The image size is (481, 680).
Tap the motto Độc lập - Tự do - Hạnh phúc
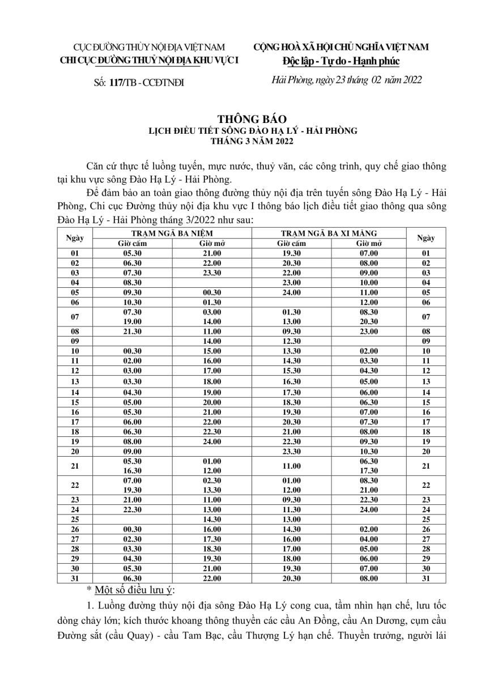[x=340, y=61]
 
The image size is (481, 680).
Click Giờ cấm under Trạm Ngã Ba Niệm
[x=132, y=243]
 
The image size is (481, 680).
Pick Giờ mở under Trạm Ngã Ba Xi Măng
[x=369, y=243]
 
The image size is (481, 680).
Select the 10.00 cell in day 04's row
[x=369, y=282]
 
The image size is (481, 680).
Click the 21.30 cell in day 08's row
[x=132, y=331]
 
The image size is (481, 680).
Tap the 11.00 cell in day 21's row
[x=290, y=466]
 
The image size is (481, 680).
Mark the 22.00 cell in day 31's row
[x=211, y=579]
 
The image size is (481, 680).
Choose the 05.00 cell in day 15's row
[x=132, y=402]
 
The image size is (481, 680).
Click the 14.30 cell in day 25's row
[x=211, y=519]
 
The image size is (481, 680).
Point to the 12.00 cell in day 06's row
[x=369, y=302]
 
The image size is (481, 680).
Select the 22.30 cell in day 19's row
[x=290, y=441]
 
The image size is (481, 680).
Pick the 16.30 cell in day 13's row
[x=290, y=381]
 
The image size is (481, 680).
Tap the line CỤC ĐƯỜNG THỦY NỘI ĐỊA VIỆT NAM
[x=142, y=47]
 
